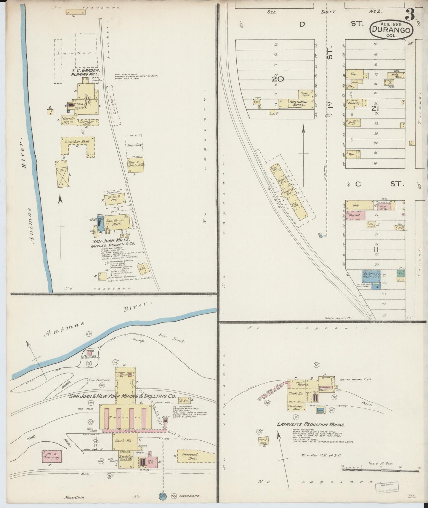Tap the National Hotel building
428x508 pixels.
point(298,103)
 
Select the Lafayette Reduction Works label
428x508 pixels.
point(311,424)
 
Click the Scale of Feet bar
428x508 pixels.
point(381,469)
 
